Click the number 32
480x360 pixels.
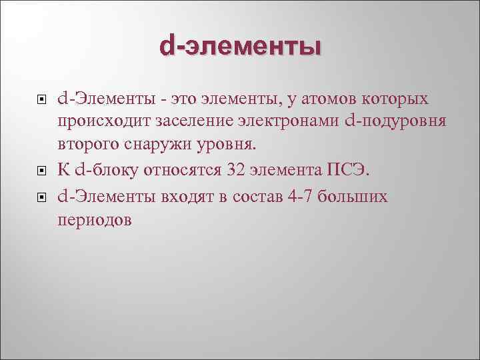point(237,170)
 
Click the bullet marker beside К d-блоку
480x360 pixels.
point(41,171)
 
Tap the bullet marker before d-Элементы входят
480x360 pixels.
point(41,198)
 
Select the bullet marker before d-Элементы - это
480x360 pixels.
point(41,101)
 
